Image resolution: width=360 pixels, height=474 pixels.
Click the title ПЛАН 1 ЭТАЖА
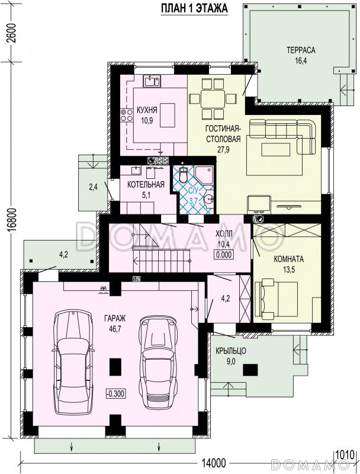click(194, 8)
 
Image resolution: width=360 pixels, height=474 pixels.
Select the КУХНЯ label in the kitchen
click(147, 110)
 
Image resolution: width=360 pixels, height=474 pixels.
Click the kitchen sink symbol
click(152, 81)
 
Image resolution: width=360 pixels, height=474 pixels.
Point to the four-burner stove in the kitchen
click(127, 116)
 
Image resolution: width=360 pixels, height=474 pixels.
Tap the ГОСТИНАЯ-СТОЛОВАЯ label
click(223, 134)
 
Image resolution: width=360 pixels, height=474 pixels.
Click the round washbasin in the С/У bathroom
click(208, 198)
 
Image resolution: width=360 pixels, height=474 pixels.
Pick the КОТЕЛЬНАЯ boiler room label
click(146, 184)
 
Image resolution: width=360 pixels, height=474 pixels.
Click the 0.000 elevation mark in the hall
click(224, 255)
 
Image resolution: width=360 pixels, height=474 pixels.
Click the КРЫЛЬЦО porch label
click(231, 351)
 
